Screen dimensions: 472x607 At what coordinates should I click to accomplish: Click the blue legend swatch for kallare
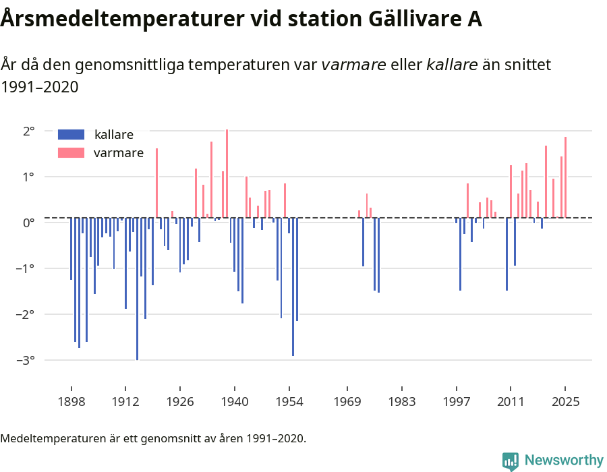[71, 134]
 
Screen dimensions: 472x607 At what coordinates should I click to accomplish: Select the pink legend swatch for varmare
[71, 153]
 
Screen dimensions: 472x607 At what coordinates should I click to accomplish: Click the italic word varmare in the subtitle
[353, 65]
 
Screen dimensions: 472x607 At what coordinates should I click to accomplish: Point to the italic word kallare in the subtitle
[452, 65]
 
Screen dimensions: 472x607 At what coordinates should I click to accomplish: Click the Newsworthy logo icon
[511, 461]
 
